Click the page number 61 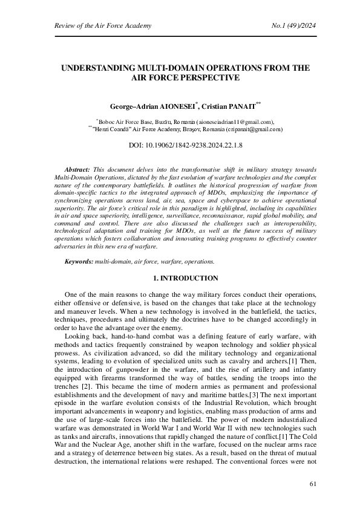click(313, 484)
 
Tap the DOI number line click(185, 146)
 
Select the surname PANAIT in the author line click(240, 106)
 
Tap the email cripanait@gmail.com click(254, 129)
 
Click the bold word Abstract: click(77, 171)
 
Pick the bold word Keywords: click(78, 261)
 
